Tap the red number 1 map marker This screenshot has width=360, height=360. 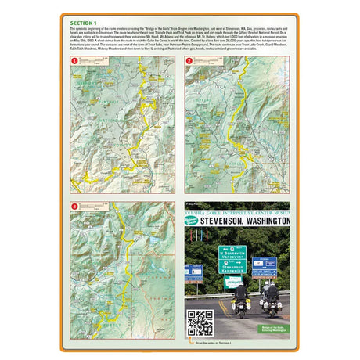point(75,60)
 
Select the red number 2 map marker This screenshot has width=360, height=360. point(189,60)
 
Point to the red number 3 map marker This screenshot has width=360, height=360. point(75,207)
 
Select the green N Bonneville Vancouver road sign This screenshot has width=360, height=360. point(232,254)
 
